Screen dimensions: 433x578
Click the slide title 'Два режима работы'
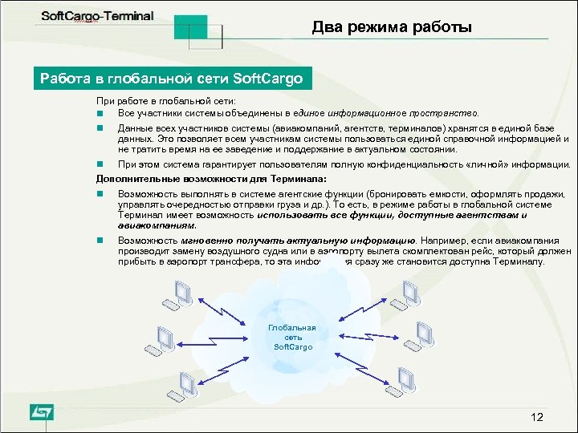click(392, 28)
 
